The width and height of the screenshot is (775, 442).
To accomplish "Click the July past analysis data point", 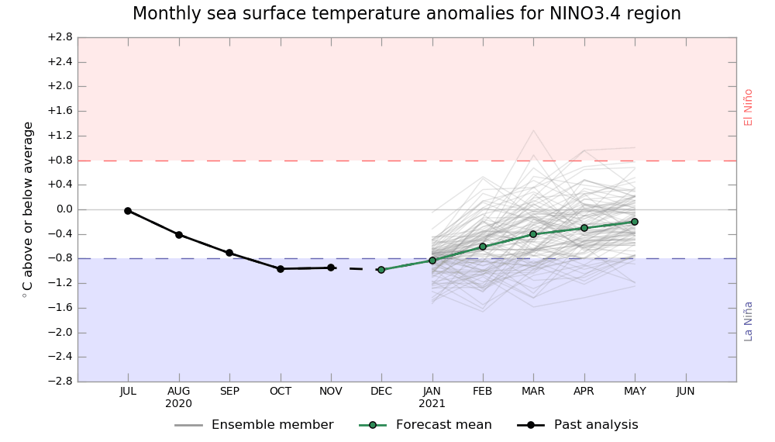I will [x=128, y=211].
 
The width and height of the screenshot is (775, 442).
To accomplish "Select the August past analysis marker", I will [x=179, y=235].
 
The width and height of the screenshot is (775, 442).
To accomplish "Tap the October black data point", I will [x=281, y=268].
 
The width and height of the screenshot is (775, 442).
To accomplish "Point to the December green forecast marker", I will [x=381, y=270].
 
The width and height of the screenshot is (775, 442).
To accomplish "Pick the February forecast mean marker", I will [x=483, y=247].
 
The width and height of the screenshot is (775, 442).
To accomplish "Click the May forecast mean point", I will [x=635, y=222].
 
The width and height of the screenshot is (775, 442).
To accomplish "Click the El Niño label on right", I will [x=749, y=107].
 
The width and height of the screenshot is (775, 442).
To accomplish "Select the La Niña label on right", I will [x=749, y=320].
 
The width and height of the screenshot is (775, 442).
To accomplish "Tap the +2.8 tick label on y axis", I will [x=60, y=37].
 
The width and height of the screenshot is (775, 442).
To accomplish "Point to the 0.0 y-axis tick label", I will [x=64, y=209].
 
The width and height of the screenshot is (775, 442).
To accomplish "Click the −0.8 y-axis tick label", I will [x=60, y=258].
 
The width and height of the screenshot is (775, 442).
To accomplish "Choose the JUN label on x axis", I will [x=685, y=392].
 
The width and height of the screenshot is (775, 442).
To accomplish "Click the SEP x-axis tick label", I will [x=229, y=392].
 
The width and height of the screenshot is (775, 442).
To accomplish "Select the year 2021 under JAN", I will [x=432, y=404].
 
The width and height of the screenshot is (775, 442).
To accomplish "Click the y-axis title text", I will [x=29, y=209].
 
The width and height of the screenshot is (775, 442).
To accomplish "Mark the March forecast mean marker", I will [x=533, y=234].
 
